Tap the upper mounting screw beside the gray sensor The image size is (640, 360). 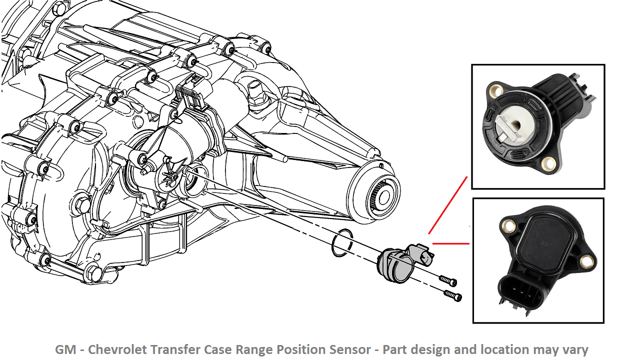coord(447,281)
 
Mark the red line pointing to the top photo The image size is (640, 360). coord(447,205)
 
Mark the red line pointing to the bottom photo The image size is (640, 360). coord(450,244)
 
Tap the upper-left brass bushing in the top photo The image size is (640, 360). coord(496,91)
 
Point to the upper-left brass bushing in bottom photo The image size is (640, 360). coord(510,227)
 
